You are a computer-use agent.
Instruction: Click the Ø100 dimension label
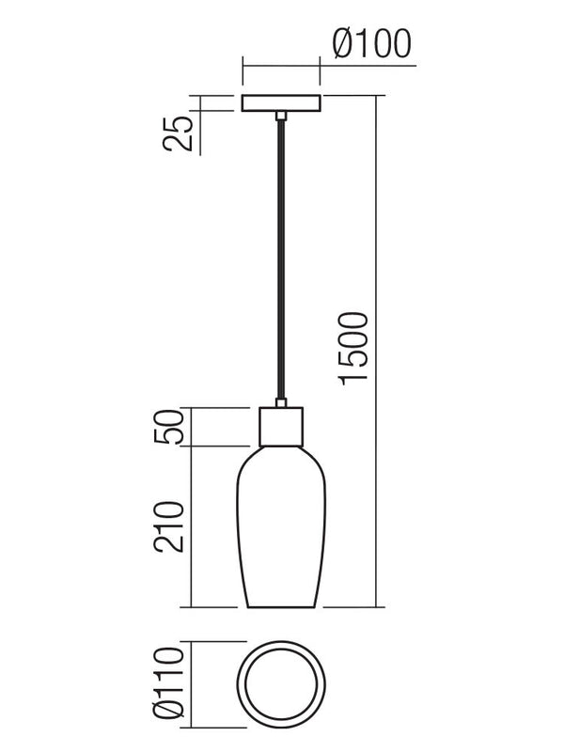coord(372,43)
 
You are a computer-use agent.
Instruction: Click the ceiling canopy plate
coord(281,103)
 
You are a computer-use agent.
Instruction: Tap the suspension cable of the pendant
coord(281,263)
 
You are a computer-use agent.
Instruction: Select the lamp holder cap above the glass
coord(281,428)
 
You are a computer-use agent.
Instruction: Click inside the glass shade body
coord(281,526)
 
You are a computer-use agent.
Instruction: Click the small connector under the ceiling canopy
coord(281,117)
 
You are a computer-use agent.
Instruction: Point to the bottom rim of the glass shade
coord(281,605)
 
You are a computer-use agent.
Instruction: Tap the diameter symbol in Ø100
coord(341,43)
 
